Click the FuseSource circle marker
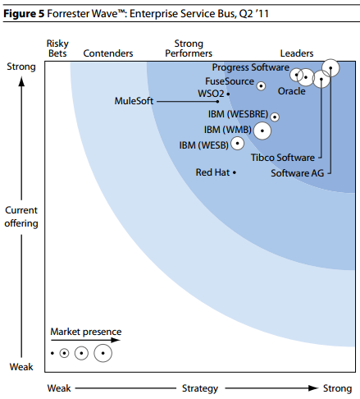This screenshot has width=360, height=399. click(x=261, y=85)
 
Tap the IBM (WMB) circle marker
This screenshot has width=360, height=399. click(x=262, y=130)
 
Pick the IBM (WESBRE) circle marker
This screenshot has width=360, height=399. click(x=274, y=117)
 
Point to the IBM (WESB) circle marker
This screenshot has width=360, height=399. click(x=237, y=145)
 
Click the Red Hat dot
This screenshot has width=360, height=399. click(x=235, y=172)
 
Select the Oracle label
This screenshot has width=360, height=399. click(x=291, y=91)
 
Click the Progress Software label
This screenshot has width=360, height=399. click(x=250, y=66)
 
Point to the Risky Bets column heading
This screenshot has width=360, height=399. click(x=57, y=48)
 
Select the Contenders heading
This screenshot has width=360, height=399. click(x=108, y=53)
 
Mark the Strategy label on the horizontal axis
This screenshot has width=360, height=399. click(x=199, y=388)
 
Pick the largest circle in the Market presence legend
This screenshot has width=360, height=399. click(x=103, y=353)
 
